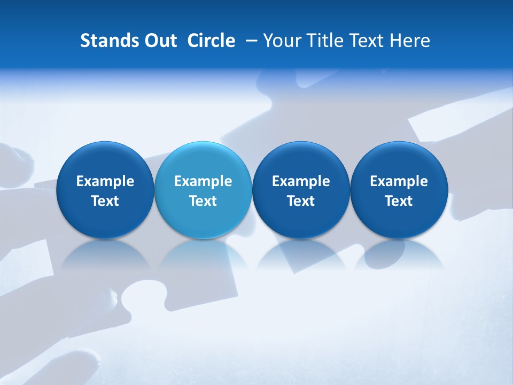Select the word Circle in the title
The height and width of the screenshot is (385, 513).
211,41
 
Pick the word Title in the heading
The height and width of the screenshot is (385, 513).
322,41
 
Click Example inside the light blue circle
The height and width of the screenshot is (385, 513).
203,181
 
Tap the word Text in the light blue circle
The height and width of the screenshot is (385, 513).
203,201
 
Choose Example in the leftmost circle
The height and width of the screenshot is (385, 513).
105,181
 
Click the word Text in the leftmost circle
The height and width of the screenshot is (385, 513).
105,201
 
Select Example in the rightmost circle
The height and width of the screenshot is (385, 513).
399,181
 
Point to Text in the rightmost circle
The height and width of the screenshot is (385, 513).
399,201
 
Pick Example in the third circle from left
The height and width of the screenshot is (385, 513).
301,181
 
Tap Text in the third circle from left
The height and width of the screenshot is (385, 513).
301,201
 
